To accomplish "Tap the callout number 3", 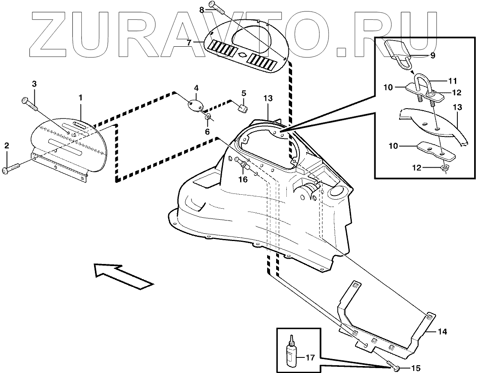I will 34,84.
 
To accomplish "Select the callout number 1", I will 81,98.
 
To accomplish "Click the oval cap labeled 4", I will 195,103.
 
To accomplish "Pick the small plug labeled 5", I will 242,107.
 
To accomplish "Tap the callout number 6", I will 207,132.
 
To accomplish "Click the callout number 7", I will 190,42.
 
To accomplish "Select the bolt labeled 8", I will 216,5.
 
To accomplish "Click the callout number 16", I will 243,179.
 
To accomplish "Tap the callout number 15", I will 416,368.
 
